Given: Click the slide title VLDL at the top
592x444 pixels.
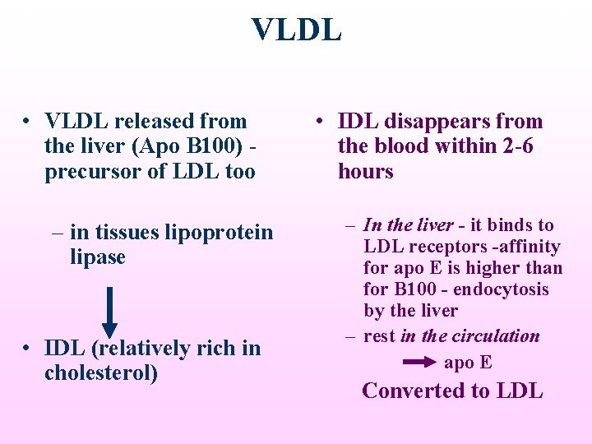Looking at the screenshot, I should [296, 30].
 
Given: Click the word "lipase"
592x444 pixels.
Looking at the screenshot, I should [98, 257].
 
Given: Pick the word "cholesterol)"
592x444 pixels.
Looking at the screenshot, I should [101, 372].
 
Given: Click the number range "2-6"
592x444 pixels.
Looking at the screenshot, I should [515, 146].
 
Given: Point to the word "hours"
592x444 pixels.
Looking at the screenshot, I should [365, 172].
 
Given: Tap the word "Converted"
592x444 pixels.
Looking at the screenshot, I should [414, 391].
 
